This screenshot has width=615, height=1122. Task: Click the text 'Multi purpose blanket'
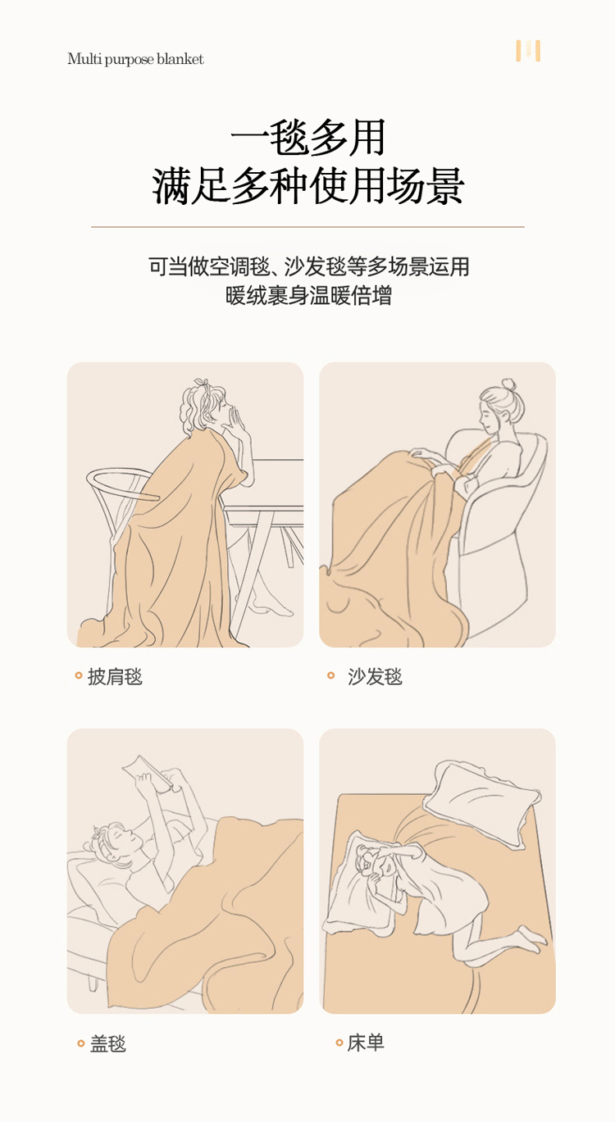135,59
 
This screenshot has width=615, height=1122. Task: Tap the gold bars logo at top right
528,51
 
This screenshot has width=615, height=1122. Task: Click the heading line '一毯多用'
307,137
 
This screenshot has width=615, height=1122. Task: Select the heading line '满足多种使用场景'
307,186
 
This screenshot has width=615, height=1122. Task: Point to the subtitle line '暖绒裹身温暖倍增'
307,296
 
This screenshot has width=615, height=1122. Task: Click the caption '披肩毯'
115,676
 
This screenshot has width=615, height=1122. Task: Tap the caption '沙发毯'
375,676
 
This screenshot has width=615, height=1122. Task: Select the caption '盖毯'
107,1044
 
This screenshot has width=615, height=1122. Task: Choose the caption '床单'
366,1043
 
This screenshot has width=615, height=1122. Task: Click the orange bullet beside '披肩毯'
78,675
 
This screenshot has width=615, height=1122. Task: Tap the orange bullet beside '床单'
339,1043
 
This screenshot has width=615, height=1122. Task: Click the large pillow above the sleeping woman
481,802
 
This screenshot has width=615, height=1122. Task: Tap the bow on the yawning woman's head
202,384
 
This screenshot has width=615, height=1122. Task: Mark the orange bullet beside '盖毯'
80,1044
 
